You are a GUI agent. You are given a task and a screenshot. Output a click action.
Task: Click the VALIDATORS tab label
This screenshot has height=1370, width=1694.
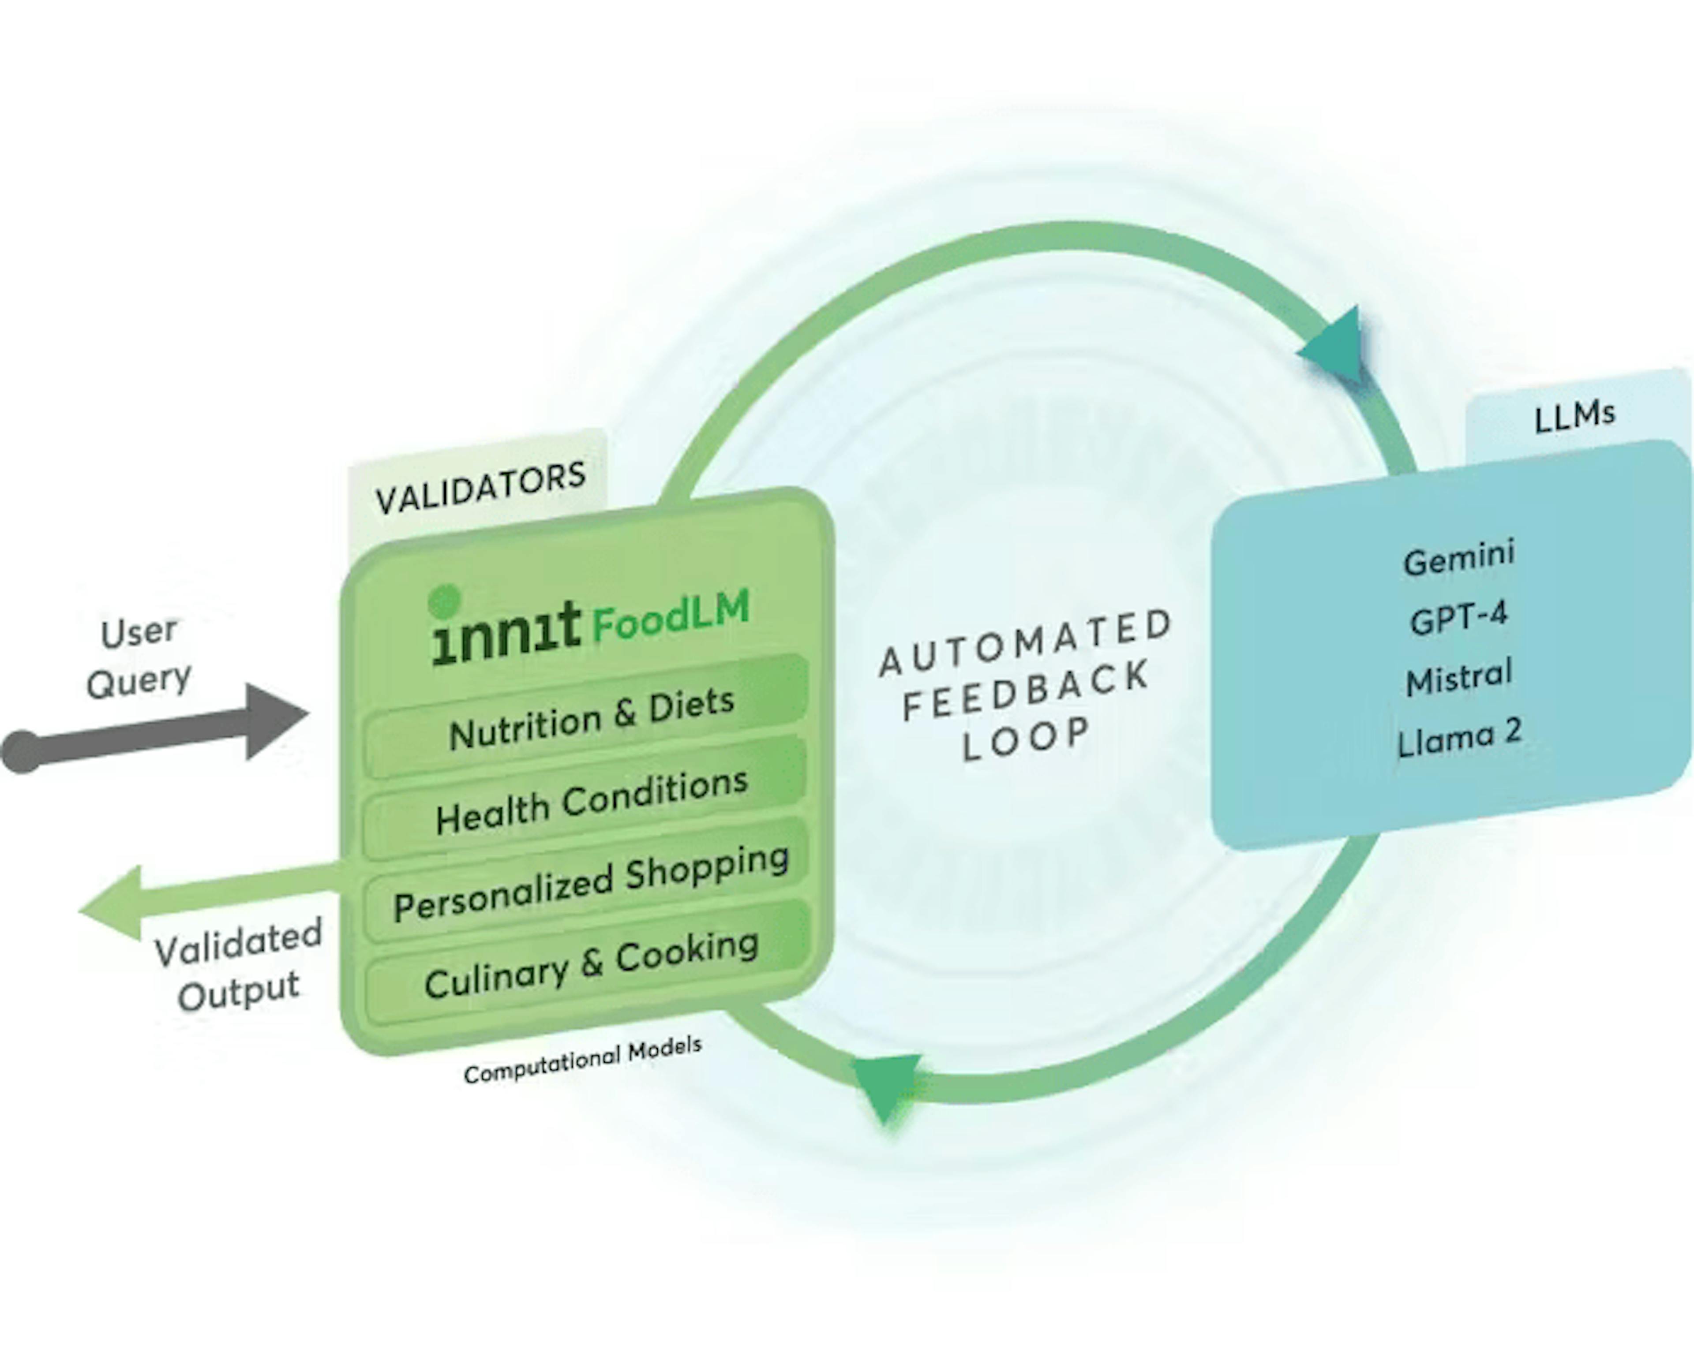(x=480, y=487)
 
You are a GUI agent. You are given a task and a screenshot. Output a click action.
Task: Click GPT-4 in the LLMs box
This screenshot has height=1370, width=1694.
(x=1459, y=618)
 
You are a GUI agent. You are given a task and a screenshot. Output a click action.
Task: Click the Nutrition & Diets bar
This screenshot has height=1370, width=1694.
(x=590, y=718)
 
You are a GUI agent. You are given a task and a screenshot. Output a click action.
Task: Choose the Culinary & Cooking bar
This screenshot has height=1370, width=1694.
(x=590, y=964)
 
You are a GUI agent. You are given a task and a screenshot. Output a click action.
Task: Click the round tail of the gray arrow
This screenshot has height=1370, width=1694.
(x=22, y=751)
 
